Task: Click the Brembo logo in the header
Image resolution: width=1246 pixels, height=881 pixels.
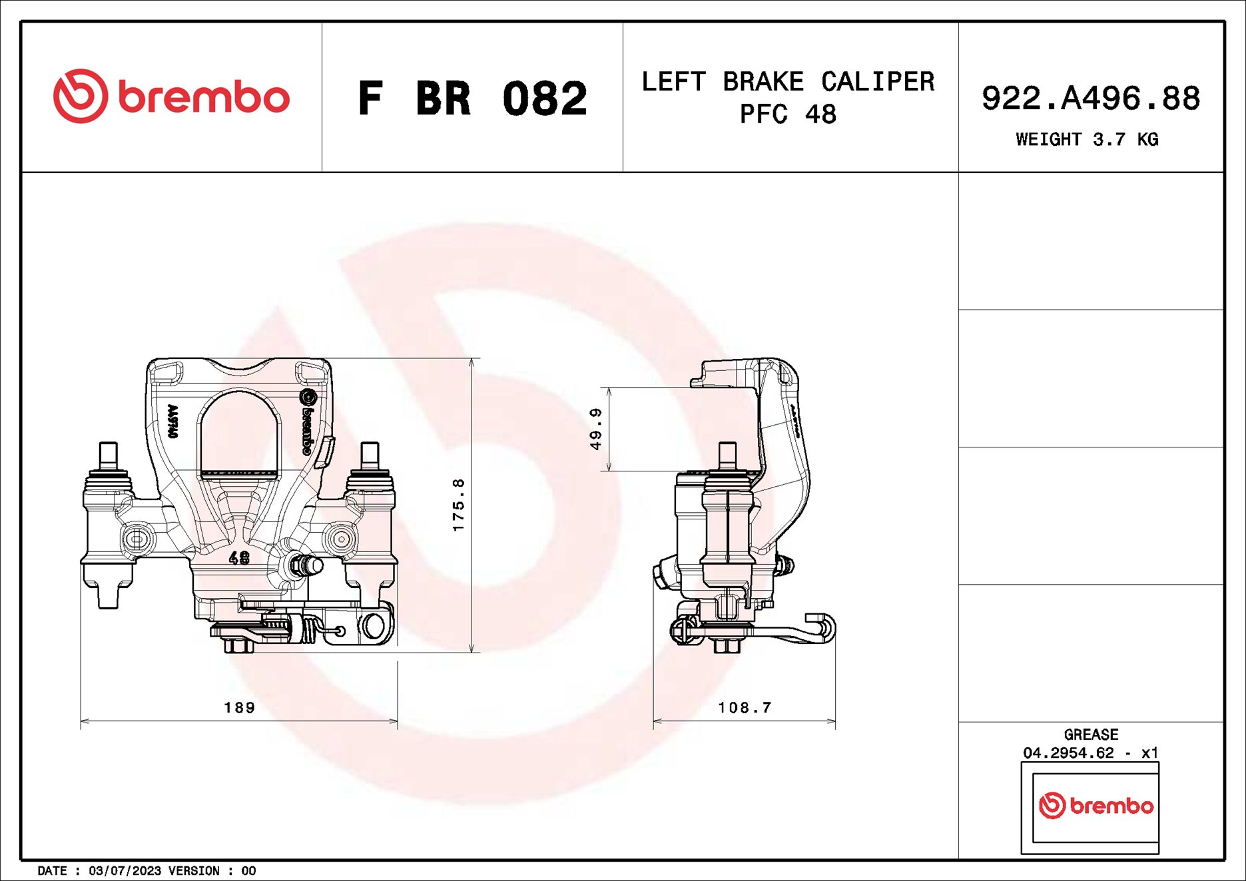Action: pyautogui.click(x=171, y=97)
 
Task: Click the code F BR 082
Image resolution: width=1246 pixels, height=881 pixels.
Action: pyautogui.click(x=472, y=99)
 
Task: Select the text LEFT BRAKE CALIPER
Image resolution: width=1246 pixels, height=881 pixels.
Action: pyautogui.click(x=788, y=82)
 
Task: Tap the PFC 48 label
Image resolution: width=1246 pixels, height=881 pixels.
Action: pyautogui.click(x=788, y=115)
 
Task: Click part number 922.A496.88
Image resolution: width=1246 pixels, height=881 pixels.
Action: pyautogui.click(x=1090, y=99)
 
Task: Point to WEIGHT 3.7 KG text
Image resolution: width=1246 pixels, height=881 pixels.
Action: pyautogui.click(x=1087, y=139)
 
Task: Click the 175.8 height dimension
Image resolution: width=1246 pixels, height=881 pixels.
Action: pyautogui.click(x=458, y=505)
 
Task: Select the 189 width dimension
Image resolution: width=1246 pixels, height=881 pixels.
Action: pyautogui.click(x=239, y=707)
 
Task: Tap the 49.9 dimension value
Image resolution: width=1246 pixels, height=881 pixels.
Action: pyautogui.click(x=596, y=429)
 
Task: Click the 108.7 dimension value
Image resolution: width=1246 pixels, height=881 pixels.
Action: pyautogui.click(x=745, y=707)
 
